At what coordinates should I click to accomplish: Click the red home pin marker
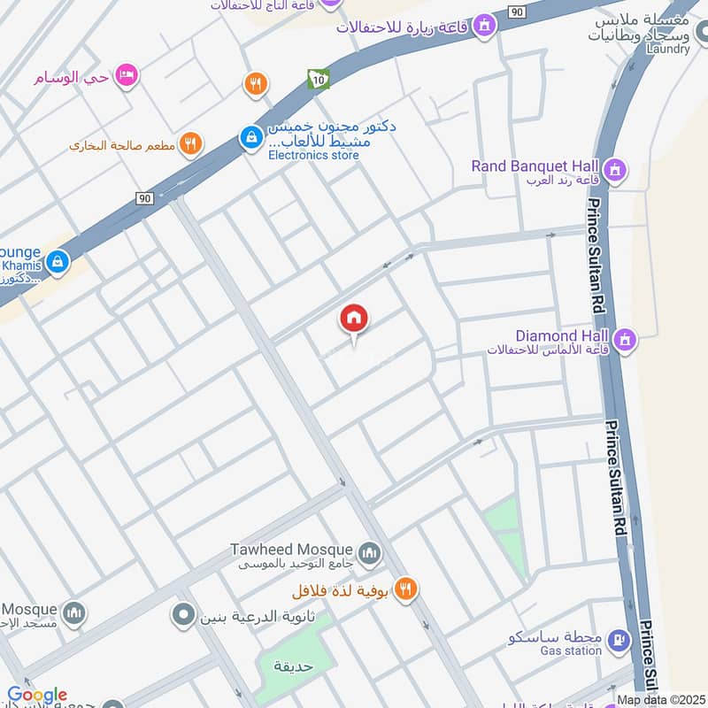point(354,319)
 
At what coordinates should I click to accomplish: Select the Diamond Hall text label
point(564,336)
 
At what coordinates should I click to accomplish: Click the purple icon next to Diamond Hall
point(626,339)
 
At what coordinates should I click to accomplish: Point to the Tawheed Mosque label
point(292,550)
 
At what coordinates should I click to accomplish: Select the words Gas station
point(572,650)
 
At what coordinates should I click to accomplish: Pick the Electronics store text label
point(314,156)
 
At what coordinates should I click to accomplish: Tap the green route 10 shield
point(318,80)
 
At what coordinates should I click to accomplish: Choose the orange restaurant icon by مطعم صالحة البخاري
point(189,142)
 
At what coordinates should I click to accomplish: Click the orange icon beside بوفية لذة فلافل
point(406,589)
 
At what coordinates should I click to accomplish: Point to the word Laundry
point(668,49)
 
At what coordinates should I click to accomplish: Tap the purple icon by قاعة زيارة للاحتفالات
point(483,27)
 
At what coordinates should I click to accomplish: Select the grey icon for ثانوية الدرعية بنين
point(184,613)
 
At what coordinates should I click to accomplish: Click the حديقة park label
point(291,666)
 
